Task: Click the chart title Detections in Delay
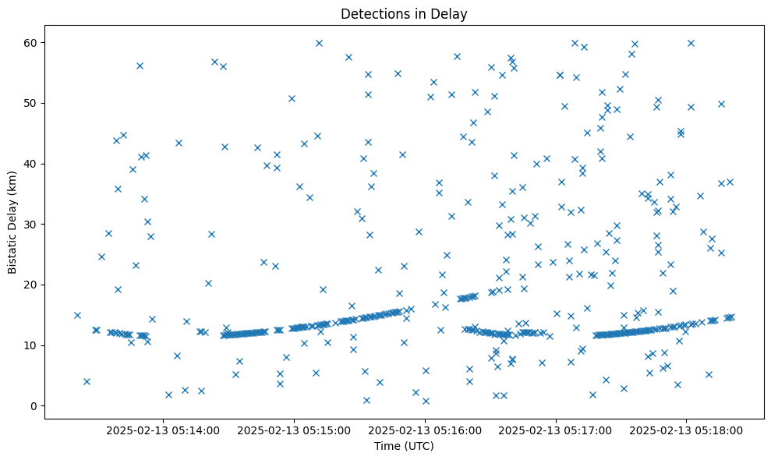click(x=404, y=13)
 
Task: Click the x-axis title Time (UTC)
click(x=404, y=446)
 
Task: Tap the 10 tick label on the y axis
click(x=30, y=345)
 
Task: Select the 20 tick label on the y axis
click(x=30, y=285)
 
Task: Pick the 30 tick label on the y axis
click(x=30, y=225)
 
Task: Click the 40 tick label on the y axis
click(x=30, y=164)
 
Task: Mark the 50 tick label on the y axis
click(x=30, y=103)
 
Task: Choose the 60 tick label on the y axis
click(x=30, y=42)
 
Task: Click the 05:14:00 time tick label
click(x=164, y=429)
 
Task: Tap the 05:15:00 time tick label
click(x=295, y=429)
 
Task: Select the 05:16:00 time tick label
click(x=426, y=429)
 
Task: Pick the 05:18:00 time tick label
click(x=686, y=429)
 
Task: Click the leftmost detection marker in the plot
click(x=77, y=315)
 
